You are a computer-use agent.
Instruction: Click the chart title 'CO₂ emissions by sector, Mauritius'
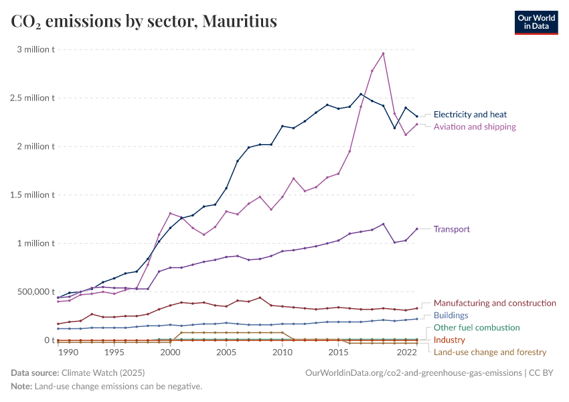144,22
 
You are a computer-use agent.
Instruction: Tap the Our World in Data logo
536,22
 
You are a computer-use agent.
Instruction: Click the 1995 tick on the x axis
114,352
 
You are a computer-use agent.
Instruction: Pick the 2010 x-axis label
282,352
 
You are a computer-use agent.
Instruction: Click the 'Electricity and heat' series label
470,115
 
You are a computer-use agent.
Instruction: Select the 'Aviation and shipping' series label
475,127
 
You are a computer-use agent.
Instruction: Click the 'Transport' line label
452,228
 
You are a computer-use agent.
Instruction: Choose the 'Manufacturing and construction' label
495,303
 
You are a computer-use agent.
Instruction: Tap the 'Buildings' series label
451,315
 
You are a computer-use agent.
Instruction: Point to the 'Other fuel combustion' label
477,328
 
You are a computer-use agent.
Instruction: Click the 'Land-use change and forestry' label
490,352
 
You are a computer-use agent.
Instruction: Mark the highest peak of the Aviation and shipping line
383,53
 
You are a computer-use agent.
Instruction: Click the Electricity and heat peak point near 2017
361,94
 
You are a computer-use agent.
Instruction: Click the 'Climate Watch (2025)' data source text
102,373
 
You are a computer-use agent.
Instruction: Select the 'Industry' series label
449,340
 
